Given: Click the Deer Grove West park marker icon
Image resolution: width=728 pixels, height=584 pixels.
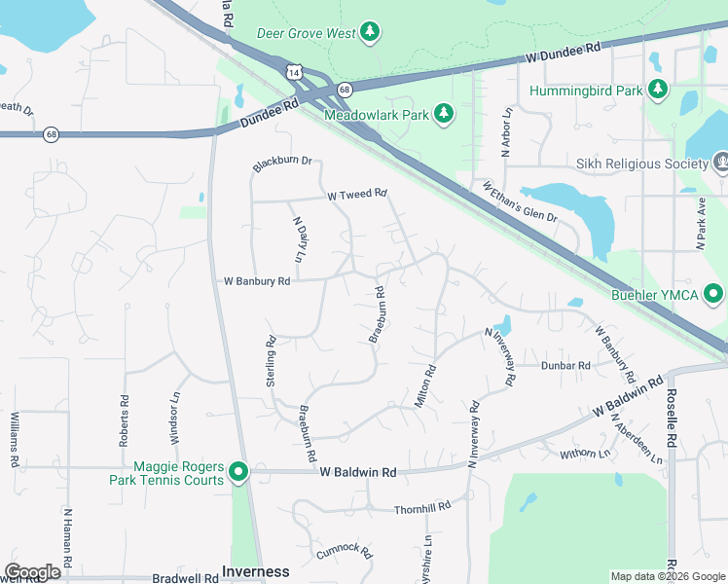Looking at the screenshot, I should tap(370, 33).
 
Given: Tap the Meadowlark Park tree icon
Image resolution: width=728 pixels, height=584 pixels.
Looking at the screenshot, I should tap(444, 114).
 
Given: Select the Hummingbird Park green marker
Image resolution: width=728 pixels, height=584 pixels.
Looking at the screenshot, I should tap(659, 91).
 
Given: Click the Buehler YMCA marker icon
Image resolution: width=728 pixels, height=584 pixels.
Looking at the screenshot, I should tap(713, 293).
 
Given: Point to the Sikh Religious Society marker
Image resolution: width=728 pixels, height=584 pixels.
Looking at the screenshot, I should tap(721, 164).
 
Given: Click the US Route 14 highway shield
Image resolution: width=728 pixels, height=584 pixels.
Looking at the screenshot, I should tap(295, 71).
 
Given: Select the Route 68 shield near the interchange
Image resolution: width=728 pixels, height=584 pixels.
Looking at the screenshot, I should tap(345, 90).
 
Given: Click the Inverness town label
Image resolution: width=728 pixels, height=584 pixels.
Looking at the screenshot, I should tap(256, 571).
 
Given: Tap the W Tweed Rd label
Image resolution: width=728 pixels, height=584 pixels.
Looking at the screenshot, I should tap(357, 195).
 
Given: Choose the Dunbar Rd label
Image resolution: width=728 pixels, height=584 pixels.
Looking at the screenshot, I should tap(565, 365).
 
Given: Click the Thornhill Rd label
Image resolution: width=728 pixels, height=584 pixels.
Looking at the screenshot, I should tap(422, 508).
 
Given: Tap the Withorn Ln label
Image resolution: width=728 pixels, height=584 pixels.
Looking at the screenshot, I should tap(585, 453).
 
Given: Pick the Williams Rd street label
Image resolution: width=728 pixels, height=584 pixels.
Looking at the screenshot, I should tap(15, 441).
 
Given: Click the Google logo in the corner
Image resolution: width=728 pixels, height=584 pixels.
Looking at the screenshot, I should tap(33, 572).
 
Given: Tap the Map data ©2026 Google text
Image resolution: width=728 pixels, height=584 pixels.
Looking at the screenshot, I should tap(667, 576).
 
